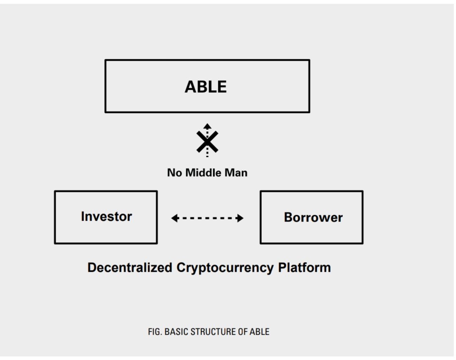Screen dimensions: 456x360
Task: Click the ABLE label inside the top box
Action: (x=206, y=87)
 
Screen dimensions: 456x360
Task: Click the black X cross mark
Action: (x=207, y=142)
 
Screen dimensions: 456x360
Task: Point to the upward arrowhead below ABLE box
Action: (x=207, y=126)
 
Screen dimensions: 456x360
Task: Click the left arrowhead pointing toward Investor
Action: (x=175, y=218)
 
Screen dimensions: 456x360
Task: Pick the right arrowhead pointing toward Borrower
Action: (x=240, y=218)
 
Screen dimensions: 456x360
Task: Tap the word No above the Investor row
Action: (x=174, y=173)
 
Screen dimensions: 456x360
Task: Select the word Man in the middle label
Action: (x=236, y=173)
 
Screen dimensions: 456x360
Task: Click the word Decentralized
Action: (x=130, y=268)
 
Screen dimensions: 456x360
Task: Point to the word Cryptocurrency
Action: (x=225, y=268)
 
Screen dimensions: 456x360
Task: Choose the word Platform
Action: (x=304, y=268)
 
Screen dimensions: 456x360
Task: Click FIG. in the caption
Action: (x=155, y=332)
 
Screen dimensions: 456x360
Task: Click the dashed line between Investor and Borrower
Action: (x=207, y=218)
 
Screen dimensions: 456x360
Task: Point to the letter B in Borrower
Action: (x=288, y=217)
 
